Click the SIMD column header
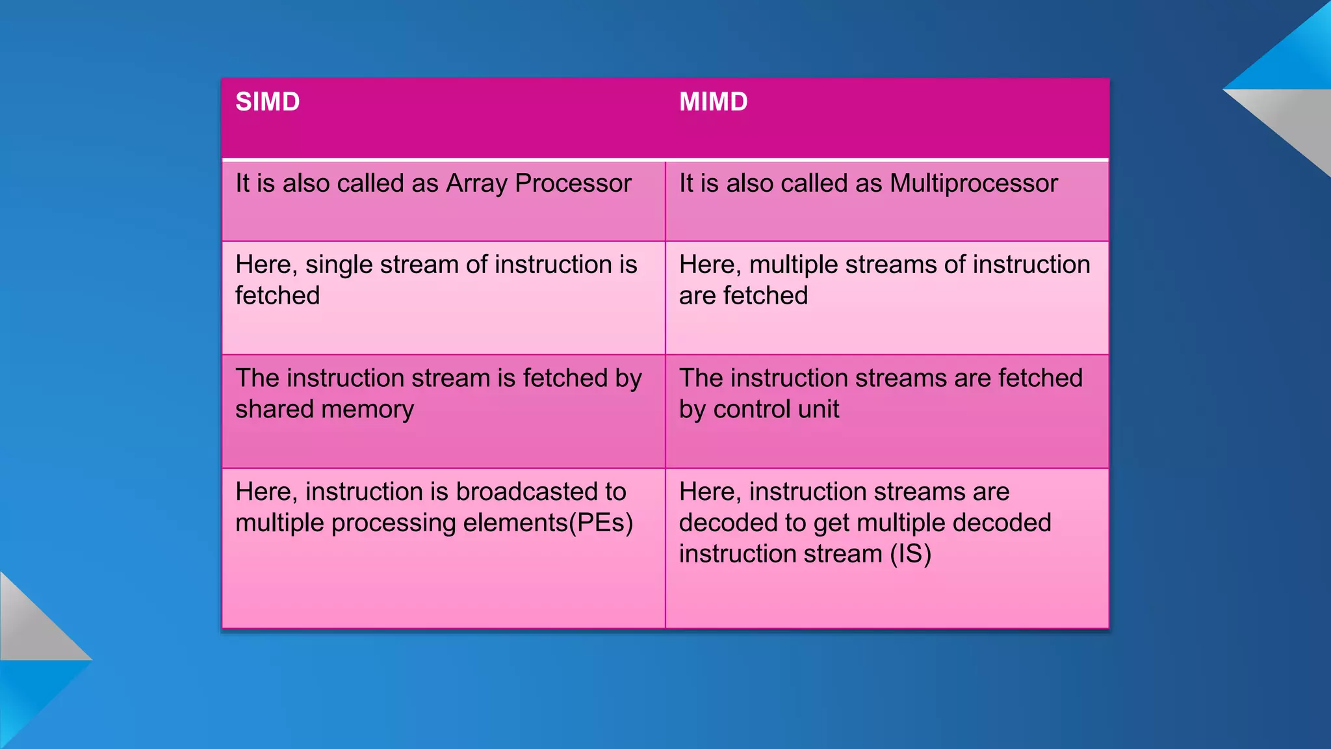click(267, 102)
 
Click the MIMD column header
click(713, 102)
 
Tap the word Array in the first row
click(476, 184)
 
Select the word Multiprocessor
click(974, 184)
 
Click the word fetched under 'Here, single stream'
click(278, 296)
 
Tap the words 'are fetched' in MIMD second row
click(743, 296)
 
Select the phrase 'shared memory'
click(324, 410)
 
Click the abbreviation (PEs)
click(601, 523)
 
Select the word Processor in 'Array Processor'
click(573, 184)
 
